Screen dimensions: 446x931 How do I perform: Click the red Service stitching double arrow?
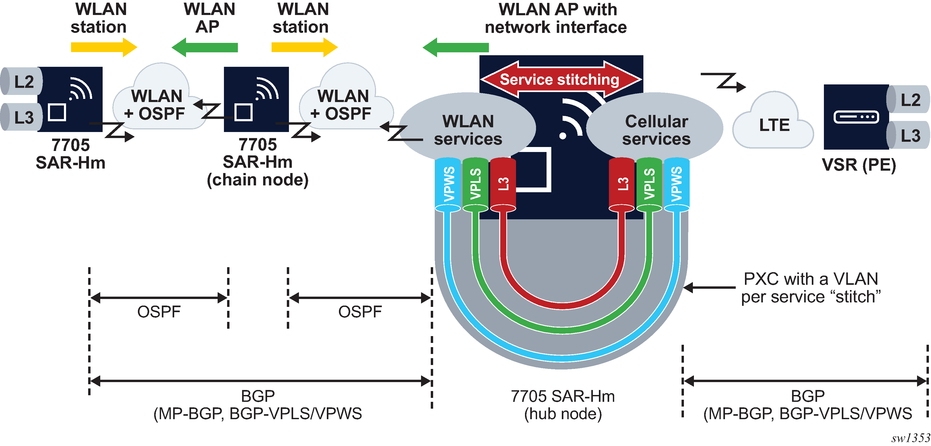tap(560, 79)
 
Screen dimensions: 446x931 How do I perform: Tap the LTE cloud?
tap(773, 125)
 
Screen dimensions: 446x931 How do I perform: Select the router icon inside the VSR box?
tap(856, 117)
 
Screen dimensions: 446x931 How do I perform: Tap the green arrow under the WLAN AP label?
tap(205, 47)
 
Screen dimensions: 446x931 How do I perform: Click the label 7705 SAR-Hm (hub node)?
tap(563, 405)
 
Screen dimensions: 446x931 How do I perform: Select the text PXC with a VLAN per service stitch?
tap(811, 288)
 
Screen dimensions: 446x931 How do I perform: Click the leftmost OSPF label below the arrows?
tap(159, 312)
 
